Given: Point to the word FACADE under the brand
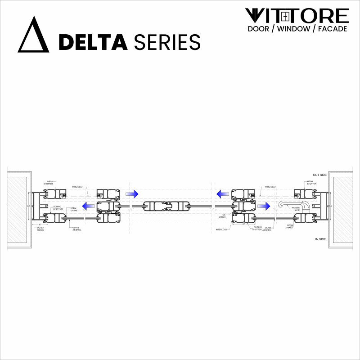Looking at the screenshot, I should coord(333,29).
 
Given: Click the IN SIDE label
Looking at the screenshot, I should coord(320,239).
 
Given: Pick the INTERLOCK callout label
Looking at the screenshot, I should coord(222,229).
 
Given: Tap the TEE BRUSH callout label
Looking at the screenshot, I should coord(222,216).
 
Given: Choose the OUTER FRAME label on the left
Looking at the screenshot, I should coord(40,229).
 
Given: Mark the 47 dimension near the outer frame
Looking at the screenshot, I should coord(40,224).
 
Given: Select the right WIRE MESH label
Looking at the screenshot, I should coord(270,186).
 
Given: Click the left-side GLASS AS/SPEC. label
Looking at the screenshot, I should coord(76,228).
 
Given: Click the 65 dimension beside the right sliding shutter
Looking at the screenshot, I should coord(243,224).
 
